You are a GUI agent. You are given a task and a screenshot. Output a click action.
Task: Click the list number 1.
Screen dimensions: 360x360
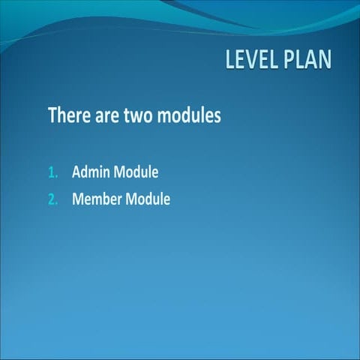pos(52,172)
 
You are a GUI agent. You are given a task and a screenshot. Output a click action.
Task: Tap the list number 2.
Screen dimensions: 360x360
pos(52,199)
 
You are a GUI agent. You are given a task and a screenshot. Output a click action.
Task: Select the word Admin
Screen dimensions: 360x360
pos(91,172)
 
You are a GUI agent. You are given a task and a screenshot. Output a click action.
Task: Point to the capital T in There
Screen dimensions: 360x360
pos(52,116)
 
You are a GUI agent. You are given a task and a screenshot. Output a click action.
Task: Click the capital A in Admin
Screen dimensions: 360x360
pos(76,172)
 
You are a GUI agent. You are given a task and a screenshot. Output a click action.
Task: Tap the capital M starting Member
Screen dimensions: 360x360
pos(78,199)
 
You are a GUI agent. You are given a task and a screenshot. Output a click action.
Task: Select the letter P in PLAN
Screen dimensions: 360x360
pos(289,60)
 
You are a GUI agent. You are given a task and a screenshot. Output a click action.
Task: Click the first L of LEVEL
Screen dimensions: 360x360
pos(230,60)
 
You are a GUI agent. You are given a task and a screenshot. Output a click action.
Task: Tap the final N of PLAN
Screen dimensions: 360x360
pos(324,60)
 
